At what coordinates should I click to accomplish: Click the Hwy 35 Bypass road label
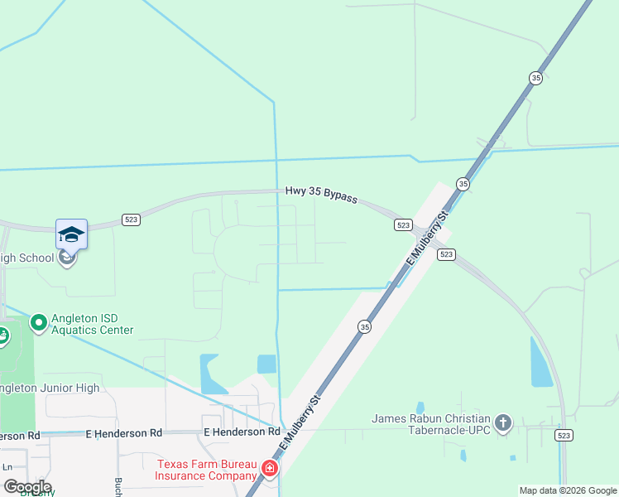[321, 194]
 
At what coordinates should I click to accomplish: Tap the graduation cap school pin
[71, 234]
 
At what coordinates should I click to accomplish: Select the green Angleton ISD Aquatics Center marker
[38, 321]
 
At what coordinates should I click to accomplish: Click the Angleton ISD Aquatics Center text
[93, 323]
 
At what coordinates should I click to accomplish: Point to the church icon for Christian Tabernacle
[502, 424]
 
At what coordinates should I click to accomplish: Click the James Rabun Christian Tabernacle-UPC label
[431, 424]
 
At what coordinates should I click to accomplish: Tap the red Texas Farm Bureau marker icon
[269, 470]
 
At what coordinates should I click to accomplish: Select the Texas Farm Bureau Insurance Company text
[207, 470]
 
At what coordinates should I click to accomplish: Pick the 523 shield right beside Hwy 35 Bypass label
[403, 224]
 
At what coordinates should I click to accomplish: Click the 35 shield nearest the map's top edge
[535, 78]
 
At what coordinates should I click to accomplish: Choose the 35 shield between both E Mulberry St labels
[365, 327]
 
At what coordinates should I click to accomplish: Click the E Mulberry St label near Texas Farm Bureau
[300, 422]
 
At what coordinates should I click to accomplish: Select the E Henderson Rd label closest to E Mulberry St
[242, 432]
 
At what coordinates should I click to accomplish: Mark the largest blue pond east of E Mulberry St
[541, 362]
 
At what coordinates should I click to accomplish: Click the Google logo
[27, 487]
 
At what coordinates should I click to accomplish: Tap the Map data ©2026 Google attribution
[568, 490]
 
